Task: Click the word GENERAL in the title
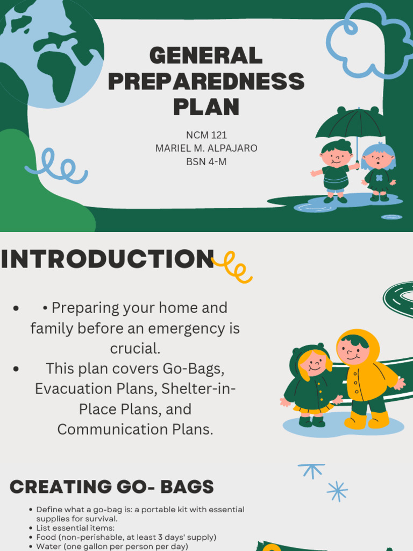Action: (206, 55)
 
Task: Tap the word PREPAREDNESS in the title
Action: (206, 81)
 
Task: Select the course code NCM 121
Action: (206, 135)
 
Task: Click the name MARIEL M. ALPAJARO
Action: (206, 149)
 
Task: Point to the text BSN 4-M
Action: (206, 161)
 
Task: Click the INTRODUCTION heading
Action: (108, 259)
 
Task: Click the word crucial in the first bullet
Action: (135, 348)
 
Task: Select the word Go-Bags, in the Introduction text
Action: (194, 369)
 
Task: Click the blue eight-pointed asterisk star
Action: (338, 491)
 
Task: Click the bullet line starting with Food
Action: (126, 538)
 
